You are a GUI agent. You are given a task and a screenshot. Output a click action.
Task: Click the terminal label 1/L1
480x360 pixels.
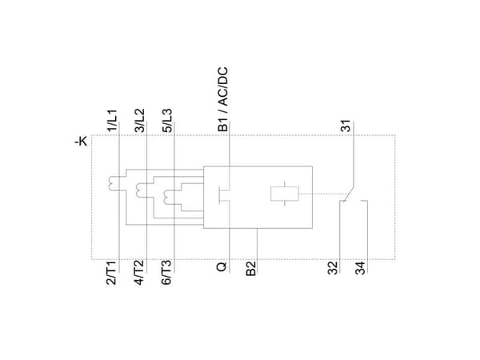coord(112,120)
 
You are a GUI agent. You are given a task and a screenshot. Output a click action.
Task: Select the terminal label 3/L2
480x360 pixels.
coord(140,120)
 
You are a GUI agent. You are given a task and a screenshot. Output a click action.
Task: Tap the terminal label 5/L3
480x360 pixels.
coord(167,120)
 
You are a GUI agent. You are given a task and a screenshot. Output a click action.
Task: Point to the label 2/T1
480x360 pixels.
coord(112,274)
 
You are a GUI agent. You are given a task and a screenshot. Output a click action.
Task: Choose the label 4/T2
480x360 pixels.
coord(139,274)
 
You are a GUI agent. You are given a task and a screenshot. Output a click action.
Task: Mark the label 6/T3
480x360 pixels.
coord(166,274)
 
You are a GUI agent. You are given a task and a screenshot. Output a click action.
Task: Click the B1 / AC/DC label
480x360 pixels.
coord(223,99)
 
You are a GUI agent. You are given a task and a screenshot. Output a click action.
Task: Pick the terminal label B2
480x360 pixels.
coord(250,269)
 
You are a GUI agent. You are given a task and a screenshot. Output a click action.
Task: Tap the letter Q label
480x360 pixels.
coord(222,266)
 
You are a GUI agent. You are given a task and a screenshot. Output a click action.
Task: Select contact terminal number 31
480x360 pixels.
coord(346,126)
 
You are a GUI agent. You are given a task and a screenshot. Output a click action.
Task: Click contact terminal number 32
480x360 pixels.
coord(333,268)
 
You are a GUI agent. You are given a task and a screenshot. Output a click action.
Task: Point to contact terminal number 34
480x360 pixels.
coord(361,268)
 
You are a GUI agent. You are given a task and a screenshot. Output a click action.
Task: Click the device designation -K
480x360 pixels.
coord(81,142)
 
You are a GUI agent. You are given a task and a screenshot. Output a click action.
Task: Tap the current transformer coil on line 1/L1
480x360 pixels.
coord(113,183)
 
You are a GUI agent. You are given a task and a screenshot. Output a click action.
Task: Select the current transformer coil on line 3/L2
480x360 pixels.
coord(140,190)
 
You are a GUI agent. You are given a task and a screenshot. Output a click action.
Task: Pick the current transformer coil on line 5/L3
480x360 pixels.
coord(168,198)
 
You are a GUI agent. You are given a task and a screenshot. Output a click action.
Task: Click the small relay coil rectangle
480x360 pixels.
coord(285,194)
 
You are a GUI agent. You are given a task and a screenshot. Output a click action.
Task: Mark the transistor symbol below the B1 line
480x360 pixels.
coord(224,195)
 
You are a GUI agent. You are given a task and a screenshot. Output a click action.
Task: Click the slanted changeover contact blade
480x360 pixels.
coord(348,194)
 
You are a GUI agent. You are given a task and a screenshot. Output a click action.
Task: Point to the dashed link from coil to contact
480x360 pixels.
coord(322,194)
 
